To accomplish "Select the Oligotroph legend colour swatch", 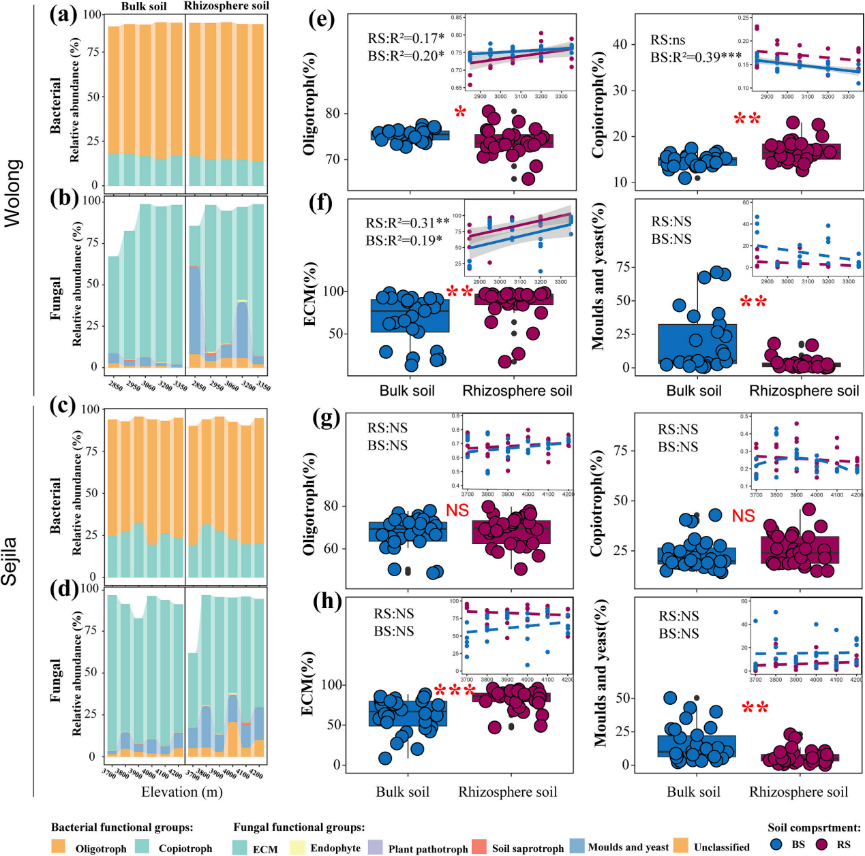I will click(x=59, y=846).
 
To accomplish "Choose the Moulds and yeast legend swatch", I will click(x=577, y=846).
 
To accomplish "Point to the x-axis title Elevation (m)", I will click(x=182, y=792).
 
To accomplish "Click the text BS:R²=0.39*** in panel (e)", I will click(x=695, y=58).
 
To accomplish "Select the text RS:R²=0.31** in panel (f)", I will click(x=408, y=223).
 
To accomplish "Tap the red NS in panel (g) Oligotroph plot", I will click(x=457, y=510).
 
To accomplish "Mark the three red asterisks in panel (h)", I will click(x=455, y=692).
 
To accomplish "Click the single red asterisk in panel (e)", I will click(x=461, y=112).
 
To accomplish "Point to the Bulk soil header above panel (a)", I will click(x=143, y=6).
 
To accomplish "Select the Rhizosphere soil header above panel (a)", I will click(x=226, y=6).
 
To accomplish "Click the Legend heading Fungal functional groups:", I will click(x=299, y=827).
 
